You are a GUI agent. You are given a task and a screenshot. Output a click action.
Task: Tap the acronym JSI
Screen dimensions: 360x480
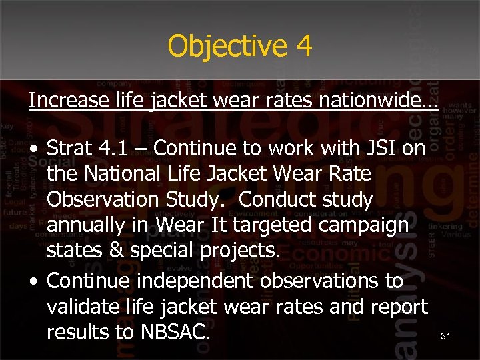379,148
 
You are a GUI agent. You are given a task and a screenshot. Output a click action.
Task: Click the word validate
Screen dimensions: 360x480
86,307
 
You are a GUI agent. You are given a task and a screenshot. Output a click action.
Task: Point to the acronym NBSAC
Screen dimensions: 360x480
172,332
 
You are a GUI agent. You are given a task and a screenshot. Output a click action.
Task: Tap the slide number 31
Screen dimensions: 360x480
446,337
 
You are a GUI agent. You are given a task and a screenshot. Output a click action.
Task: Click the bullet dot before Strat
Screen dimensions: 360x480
33,149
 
